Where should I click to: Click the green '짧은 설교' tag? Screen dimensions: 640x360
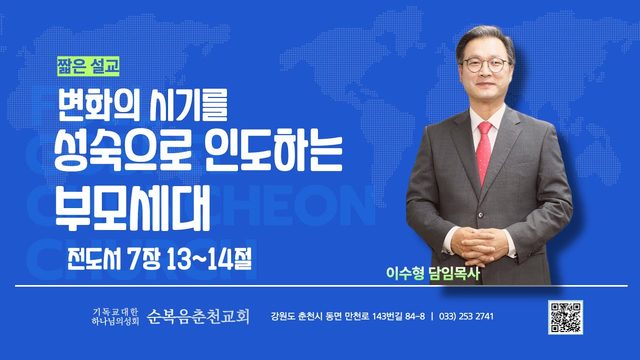(x=88, y=66)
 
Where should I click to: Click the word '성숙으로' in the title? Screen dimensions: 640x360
(x=123, y=154)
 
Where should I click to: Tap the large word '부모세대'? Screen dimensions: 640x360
(x=133, y=208)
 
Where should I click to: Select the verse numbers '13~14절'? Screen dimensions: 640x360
(x=209, y=258)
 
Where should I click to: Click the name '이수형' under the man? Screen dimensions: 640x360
(x=405, y=273)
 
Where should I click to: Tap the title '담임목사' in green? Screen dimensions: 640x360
(x=454, y=273)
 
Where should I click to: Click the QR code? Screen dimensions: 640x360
(x=565, y=317)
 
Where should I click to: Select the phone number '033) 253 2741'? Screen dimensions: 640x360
(x=466, y=316)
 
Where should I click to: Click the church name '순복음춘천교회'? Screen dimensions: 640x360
(x=198, y=316)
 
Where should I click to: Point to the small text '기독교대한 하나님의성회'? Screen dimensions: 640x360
(x=116, y=317)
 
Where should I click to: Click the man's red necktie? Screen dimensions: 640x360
(x=484, y=152)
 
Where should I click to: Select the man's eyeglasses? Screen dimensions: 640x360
(x=485, y=65)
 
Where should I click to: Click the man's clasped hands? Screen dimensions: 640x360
(x=480, y=244)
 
